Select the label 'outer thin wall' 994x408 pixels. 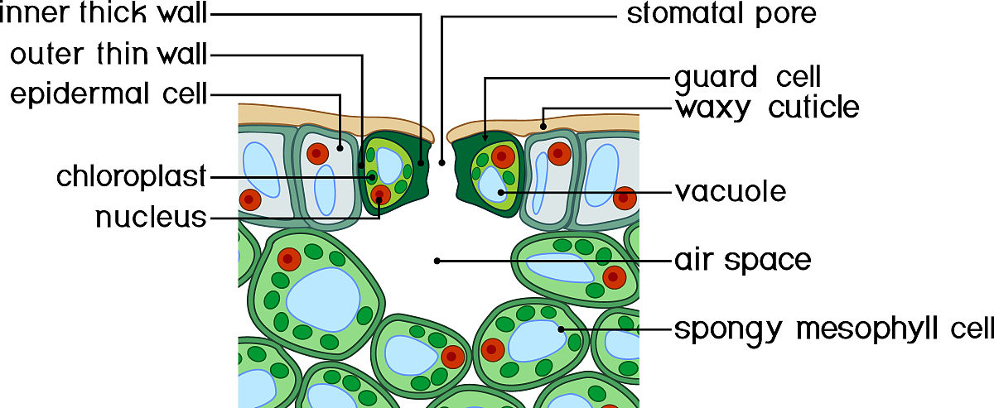[x=109, y=55]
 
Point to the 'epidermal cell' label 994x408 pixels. [x=109, y=94]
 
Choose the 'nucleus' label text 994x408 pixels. [x=150, y=218]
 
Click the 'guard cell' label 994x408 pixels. [x=748, y=78]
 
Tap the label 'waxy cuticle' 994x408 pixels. [x=767, y=108]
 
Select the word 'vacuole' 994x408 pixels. [x=730, y=192]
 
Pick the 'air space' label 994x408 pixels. [x=742, y=261]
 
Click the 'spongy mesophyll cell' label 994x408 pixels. [x=833, y=329]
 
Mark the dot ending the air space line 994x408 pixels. [x=437, y=261]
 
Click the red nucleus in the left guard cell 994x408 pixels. [x=380, y=195]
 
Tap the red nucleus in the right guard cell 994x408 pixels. [x=501, y=156]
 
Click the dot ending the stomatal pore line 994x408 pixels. [x=442, y=163]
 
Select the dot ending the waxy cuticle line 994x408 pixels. [x=543, y=127]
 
